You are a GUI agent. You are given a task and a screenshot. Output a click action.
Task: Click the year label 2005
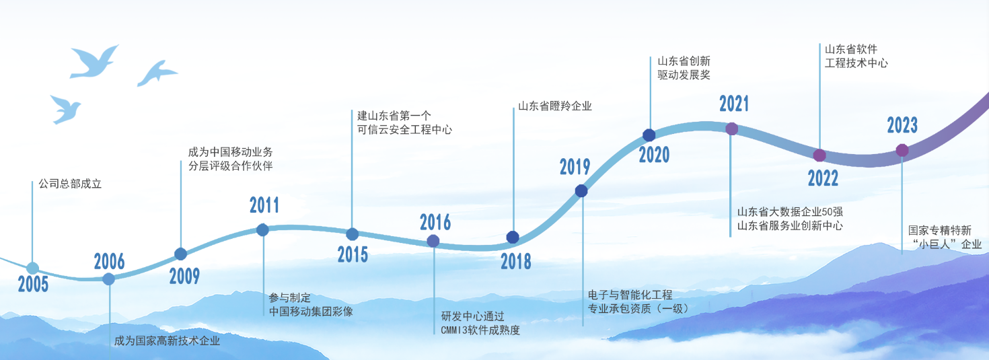click(33, 284)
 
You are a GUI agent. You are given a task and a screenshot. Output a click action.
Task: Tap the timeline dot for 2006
click(108, 279)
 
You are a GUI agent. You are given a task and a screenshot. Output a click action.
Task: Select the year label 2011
click(264, 205)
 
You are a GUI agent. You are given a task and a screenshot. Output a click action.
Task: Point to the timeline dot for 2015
click(353, 234)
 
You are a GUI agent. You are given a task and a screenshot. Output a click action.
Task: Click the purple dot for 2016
click(433, 241)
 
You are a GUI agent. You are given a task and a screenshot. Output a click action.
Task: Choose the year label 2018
click(515, 262)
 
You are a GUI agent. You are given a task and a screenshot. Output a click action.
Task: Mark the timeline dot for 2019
click(581, 191)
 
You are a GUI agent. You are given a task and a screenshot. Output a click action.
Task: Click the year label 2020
click(654, 155)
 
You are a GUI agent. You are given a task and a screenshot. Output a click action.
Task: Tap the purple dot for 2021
click(731, 129)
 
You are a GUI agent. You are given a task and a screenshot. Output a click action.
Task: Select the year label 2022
click(823, 178)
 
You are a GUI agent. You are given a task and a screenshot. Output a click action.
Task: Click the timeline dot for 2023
click(902, 150)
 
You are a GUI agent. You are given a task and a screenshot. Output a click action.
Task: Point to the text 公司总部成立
click(70, 184)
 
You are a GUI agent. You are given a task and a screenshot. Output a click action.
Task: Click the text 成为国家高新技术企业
click(167, 340)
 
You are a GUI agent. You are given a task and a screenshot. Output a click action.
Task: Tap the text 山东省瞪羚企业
click(554, 106)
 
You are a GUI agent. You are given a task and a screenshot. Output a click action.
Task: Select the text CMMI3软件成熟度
click(480, 330)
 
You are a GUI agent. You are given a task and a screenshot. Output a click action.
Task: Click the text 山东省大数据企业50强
click(790, 211)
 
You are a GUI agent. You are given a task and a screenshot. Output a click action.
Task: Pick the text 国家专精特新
click(939, 230)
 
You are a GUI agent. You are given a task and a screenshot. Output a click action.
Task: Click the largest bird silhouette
click(94, 62)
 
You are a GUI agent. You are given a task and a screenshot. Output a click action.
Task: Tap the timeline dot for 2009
click(180, 254)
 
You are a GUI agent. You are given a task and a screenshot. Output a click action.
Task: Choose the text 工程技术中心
click(856, 63)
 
